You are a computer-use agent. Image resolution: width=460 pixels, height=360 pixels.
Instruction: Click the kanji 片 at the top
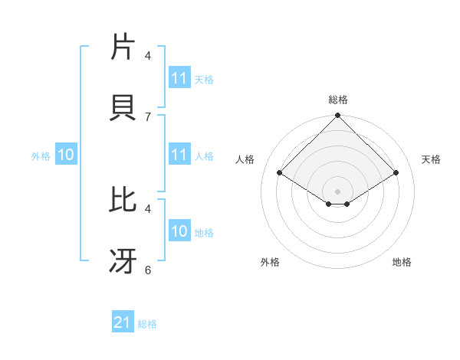[125, 47]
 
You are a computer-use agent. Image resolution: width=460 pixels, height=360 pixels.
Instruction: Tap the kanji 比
[125, 200]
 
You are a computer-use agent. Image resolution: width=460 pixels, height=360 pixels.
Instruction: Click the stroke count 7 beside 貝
[148, 116]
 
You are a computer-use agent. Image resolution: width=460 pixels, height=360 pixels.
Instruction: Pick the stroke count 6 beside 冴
[148, 270]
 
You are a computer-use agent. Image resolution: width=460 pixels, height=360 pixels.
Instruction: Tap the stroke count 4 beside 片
[148, 55]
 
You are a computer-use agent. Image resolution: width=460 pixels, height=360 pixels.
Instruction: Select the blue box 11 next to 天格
[179, 78]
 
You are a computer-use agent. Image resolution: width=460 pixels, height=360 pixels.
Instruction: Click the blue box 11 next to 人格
[179, 155]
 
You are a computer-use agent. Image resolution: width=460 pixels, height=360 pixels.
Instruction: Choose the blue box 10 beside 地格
[179, 232]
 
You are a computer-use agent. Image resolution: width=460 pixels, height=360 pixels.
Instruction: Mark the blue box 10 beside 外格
[66, 155]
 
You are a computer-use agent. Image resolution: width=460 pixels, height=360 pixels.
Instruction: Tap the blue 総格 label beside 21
[147, 324]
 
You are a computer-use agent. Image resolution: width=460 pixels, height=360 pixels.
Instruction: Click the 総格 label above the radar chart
[337, 100]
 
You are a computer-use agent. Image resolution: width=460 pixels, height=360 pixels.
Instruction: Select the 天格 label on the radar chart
[431, 159]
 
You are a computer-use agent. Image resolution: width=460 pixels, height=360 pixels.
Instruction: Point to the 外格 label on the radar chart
[270, 262]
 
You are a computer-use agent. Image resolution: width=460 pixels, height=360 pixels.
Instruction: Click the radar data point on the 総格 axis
[337, 116]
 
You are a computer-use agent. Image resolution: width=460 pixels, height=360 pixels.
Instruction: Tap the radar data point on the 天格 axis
[396, 173]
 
